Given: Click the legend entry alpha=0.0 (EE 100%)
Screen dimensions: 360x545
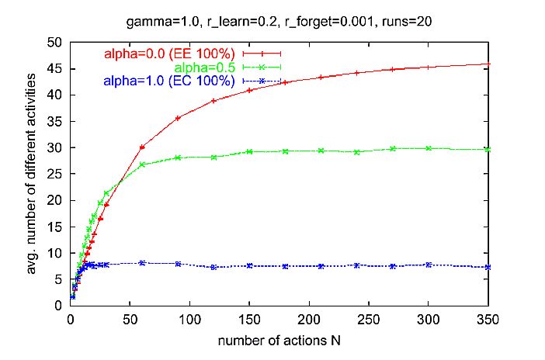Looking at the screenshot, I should click(170, 54).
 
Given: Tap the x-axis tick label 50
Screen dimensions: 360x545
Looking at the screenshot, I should click(130, 319).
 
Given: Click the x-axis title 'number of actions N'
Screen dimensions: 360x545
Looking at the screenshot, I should click(279, 340).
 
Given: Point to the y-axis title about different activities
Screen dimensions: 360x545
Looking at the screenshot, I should click(31, 174).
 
